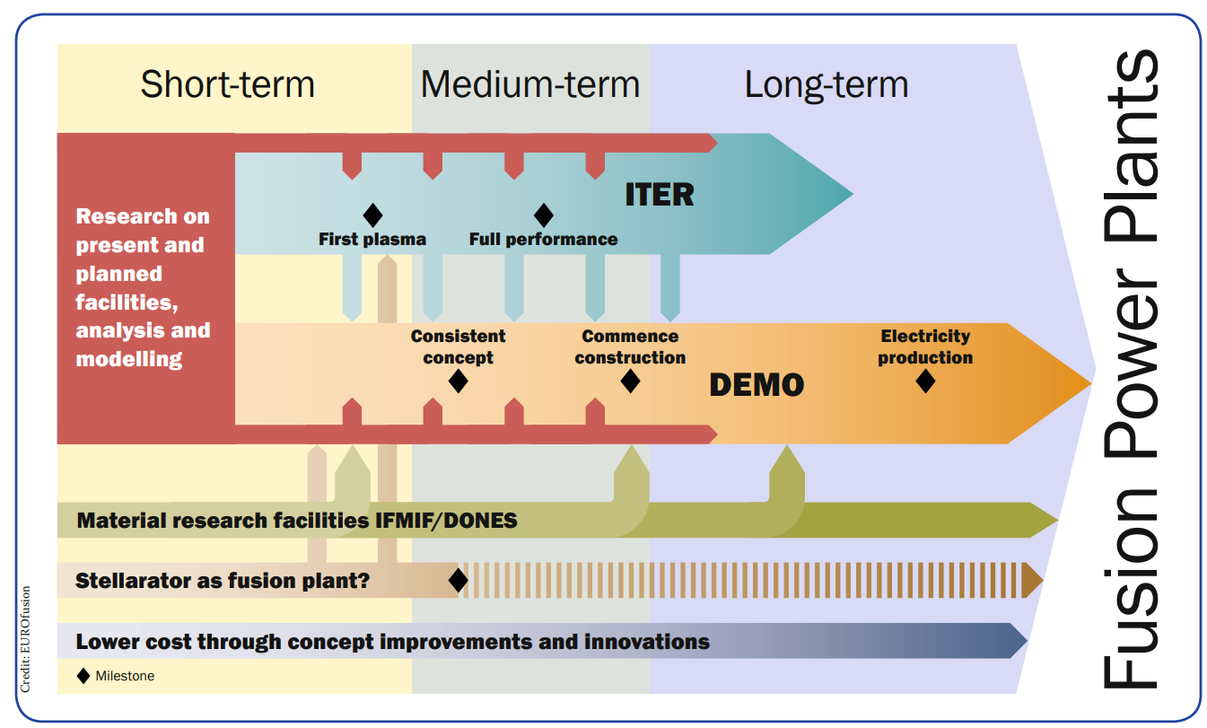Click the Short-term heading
[x=228, y=84]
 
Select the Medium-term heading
[x=530, y=84]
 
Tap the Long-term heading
[x=827, y=84]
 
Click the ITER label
[x=660, y=194]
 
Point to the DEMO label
[x=757, y=385]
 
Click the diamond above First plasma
[x=372, y=215]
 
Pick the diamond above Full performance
[x=543, y=215]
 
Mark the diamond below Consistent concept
[x=458, y=381]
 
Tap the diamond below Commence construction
[x=630, y=381]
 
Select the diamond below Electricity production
[x=925, y=381]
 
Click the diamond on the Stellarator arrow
[x=458, y=580]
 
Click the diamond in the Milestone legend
[x=83, y=675]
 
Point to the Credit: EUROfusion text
[x=26, y=639]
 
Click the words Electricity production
[x=925, y=346]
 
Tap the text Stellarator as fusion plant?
[x=223, y=581]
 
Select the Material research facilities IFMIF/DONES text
[x=297, y=521]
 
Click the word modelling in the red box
[x=129, y=360]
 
